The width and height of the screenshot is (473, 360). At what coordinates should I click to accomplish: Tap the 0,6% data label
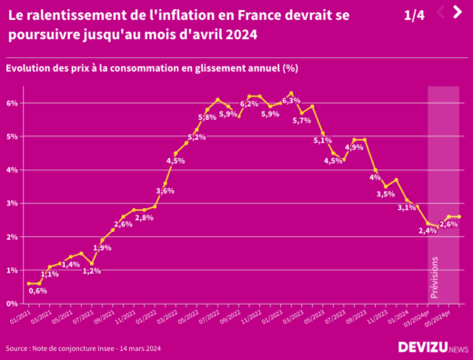38,291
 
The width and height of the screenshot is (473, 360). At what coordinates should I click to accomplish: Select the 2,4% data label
428,231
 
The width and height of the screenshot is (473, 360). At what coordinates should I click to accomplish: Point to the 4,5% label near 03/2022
176,161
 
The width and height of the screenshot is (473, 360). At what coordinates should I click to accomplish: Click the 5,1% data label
323,140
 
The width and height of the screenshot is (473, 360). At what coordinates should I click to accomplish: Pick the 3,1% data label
407,208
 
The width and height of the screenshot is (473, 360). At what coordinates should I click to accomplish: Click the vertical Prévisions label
434,277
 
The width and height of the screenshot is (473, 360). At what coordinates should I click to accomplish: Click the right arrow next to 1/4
459,12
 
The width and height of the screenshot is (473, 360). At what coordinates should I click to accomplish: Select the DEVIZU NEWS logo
433,347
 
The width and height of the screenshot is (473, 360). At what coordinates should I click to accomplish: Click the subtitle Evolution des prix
152,68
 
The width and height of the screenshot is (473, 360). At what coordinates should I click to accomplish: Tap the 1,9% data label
102,247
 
